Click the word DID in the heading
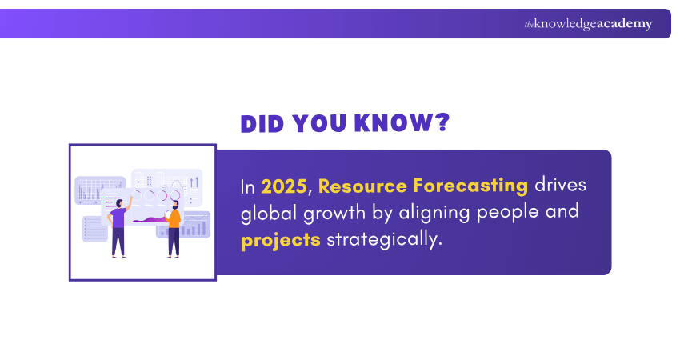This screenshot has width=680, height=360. [x=263, y=123]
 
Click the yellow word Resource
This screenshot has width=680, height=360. [x=362, y=186]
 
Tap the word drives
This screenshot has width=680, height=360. [x=562, y=186]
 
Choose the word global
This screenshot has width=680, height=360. [x=269, y=214]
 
